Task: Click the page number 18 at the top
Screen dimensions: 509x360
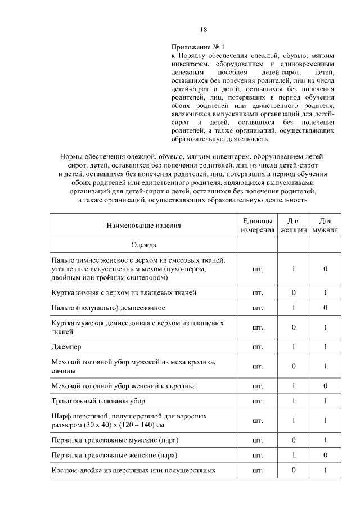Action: click(x=204, y=30)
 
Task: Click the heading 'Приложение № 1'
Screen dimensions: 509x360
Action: click(x=197, y=47)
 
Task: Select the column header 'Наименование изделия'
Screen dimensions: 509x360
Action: click(x=144, y=226)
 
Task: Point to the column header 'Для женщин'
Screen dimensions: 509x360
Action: click(x=294, y=226)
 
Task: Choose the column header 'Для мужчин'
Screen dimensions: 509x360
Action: click(x=325, y=226)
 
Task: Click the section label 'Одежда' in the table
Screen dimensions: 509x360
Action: click(x=144, y=245)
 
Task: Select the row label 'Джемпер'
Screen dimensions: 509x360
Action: click(x=66, y=347)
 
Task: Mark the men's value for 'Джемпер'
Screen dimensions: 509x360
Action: click(x=325, y=347)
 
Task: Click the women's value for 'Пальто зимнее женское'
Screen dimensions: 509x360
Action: click(x=294, y=269)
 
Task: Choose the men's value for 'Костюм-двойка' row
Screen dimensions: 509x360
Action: click(x=325, y=470)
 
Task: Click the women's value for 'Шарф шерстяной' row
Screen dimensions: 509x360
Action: click(x=294, y=420)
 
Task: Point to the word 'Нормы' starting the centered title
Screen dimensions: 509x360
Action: click(x=71, y=156)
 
